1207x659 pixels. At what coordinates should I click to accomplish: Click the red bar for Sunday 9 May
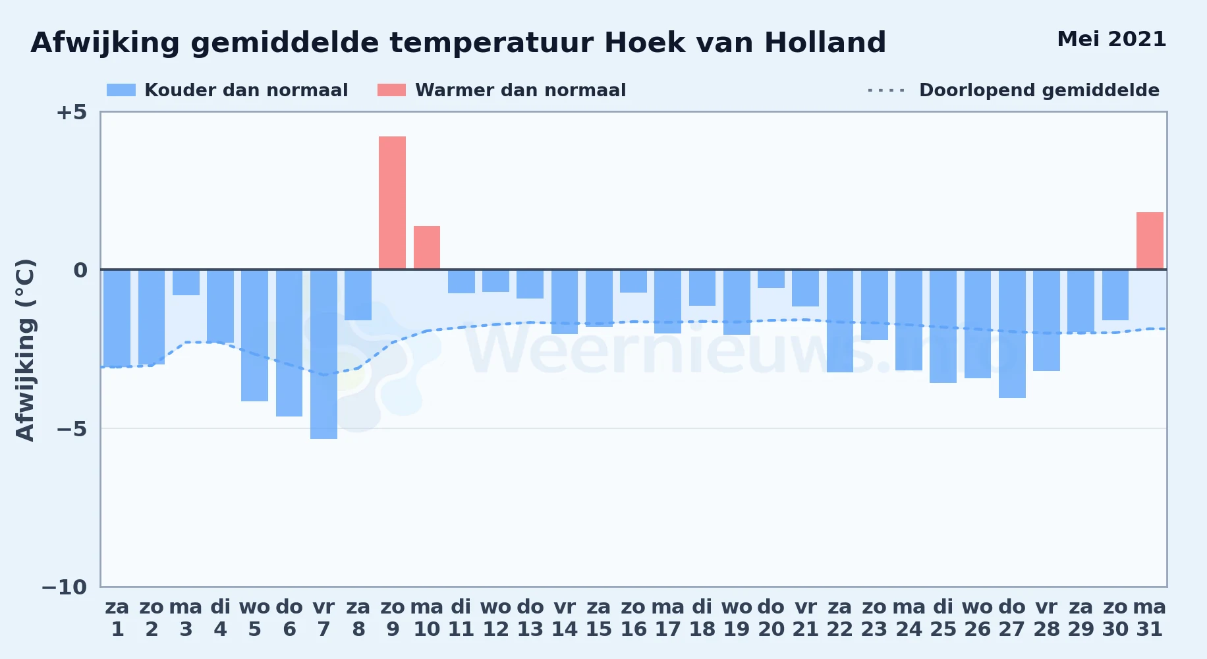click(x=392, y=202)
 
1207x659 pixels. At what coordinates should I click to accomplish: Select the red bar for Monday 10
click(x=427, y=247)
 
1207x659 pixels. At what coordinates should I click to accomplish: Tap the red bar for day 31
click(x=1150, y=241)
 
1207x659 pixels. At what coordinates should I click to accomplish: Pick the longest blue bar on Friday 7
click(x=323, y=355)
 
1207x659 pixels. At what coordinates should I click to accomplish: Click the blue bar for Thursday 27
click(x=1012, y=334)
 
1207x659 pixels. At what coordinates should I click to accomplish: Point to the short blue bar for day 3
click(x=186, y=283)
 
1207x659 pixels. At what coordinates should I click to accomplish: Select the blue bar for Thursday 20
click(x=771, y=279)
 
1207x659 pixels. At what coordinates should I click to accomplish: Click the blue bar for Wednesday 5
click(x=254, y=335)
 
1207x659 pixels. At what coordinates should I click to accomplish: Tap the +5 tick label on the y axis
click(x=71, y=112)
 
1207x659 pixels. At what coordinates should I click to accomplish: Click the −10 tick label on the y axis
click(x=65, y=587)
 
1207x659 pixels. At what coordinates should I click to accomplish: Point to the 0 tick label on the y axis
click(x=80, y=270)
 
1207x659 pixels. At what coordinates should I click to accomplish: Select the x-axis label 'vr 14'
click(x=565, y=618)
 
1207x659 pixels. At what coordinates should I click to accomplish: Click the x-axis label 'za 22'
click(x=840, y=618)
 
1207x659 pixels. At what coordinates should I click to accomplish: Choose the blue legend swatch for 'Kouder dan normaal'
click(x=121, y=90)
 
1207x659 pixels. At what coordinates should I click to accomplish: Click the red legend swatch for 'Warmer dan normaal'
click(x=391, y=90)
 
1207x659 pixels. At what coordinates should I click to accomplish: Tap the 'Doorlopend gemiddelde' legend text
click(x=1039, y=90)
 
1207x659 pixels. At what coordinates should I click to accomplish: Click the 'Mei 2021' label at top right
click(x=1111, y=40)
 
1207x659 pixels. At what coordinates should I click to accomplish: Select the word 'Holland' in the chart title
click(x=826, y=43)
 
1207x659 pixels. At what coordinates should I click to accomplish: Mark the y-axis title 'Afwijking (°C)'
click(x=25, y=349)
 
